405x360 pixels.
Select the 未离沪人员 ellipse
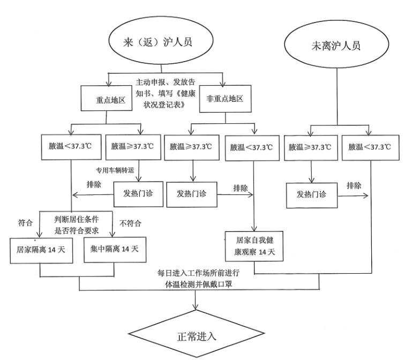point(337,44)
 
